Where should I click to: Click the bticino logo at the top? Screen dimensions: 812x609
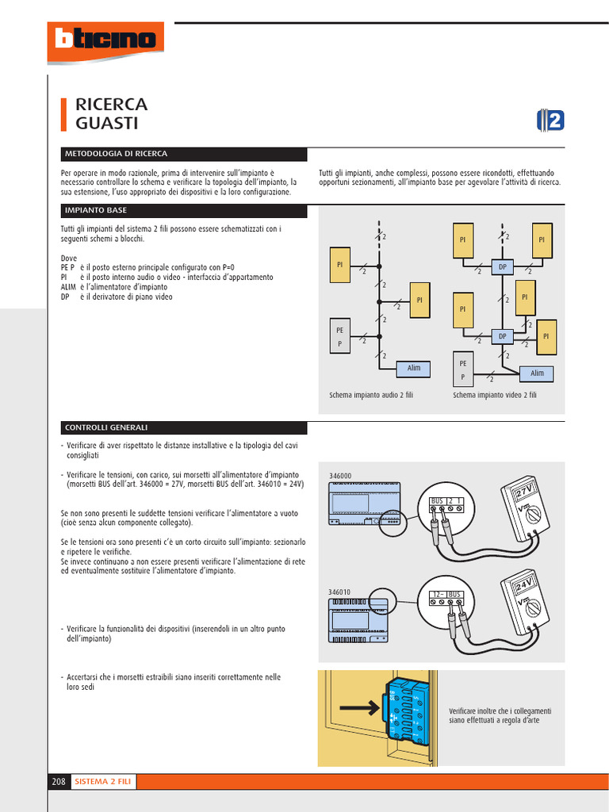[105, 39]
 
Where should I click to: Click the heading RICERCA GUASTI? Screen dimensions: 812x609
[111, 113]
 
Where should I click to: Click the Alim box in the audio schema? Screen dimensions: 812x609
[414, 368]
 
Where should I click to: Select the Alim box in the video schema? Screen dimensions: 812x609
[537, 373]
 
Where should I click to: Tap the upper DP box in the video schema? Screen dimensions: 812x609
[502, 267]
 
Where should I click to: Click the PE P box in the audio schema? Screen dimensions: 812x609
[340, 335]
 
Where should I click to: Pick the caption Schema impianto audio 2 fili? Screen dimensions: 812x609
[371, 394]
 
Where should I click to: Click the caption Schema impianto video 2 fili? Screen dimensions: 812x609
[495, 394]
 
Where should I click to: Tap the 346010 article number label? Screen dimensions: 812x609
[339, 592]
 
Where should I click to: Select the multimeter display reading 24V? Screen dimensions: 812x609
[523, 588]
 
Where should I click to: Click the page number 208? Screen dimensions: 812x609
[59, 782]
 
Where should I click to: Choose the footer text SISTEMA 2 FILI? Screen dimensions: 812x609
[103, 782]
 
